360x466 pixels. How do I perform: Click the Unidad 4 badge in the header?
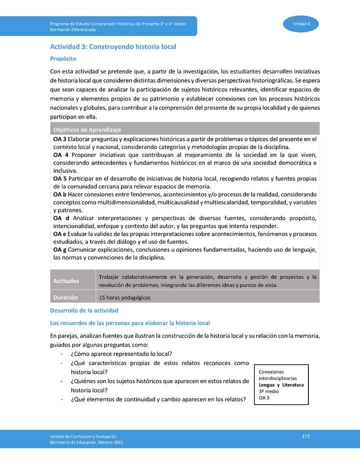(301, 24)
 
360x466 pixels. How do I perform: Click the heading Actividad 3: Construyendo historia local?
(112, 46)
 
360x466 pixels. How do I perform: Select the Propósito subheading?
(62, 58)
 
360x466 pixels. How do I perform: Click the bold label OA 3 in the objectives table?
(59, 138)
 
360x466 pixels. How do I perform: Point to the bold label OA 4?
(60, 155)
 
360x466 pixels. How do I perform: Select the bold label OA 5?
(59, 178)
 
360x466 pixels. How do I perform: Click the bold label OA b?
(60, 194)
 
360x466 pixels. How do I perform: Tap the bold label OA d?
(61, 218)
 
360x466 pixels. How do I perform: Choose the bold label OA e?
(60, 234)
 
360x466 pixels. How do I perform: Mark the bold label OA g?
(60, 249)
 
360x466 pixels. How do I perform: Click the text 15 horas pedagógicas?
(125, 297)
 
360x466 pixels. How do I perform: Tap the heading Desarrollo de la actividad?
(84, 310)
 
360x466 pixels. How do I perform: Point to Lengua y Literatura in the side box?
(281, 385)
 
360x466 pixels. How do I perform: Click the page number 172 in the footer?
(306, 436)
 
